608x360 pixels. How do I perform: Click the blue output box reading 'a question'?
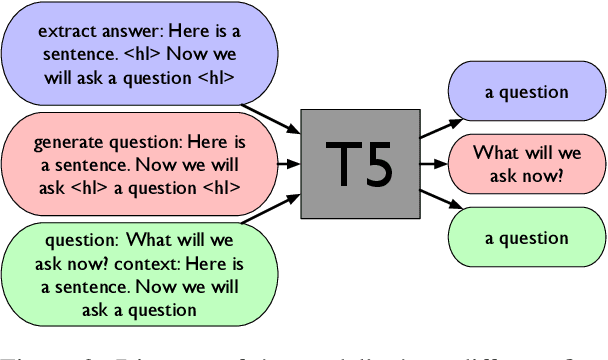[526, 92]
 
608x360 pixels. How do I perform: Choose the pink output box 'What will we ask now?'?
[526, 164]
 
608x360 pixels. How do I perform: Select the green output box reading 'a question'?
[526, 238]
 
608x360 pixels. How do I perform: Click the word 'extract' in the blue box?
[61, 30]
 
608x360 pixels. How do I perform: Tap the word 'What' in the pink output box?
[492, 153]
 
